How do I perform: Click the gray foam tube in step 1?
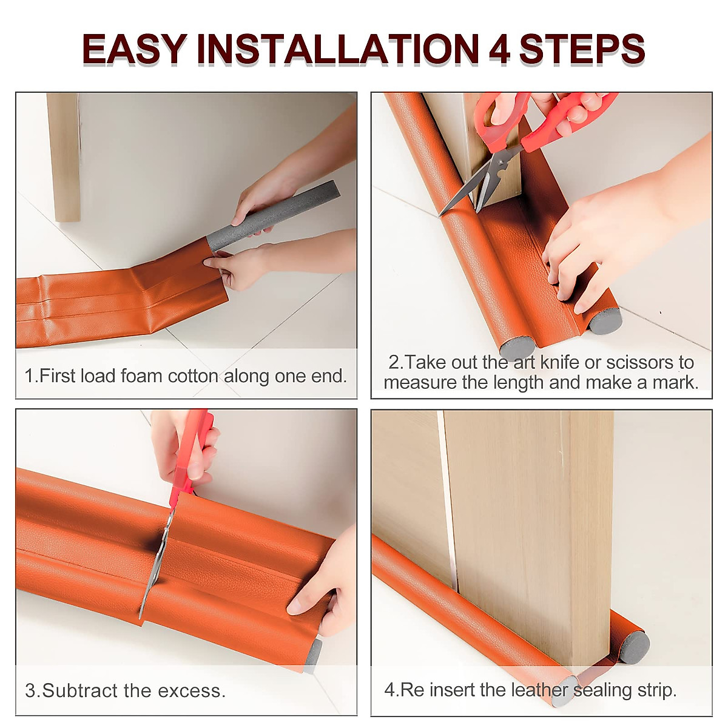(273, 215)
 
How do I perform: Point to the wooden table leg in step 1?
(63, 158)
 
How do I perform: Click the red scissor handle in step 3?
(193, 449)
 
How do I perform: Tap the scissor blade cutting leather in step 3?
(155, 564)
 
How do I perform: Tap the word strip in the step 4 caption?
(655, 690)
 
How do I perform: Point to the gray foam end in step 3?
(313, 654)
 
